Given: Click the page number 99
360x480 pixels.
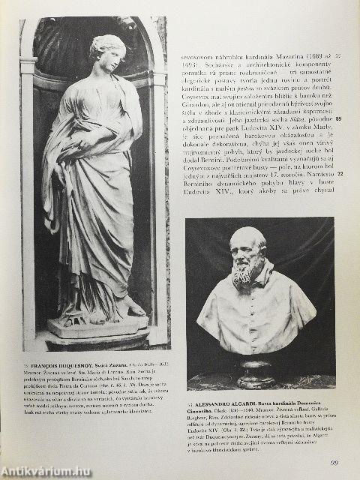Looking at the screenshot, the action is click(x=334, y=463).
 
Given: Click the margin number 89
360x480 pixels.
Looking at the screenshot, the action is click(x=338, y=119).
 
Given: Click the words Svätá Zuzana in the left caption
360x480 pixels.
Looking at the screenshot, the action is click(x=118, y=363).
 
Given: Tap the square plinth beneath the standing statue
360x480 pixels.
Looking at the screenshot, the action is click(x=97, y=328).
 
